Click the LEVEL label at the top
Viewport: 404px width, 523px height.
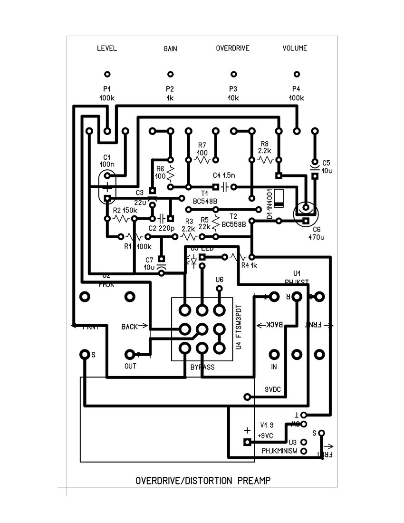[x=106, y=48]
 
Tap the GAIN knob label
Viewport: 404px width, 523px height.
[x=170, y=49]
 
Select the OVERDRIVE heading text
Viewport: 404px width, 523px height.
[x=232, y=48]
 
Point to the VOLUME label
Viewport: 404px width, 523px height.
[x=295, y=48]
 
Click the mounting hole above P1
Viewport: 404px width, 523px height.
[x=107, y=74]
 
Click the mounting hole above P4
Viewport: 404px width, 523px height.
[x=297, y=74]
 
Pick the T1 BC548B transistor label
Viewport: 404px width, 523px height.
[x=205, y=197]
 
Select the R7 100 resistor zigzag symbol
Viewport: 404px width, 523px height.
[x=202, y=160]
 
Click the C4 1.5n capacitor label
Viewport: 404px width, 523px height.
[x=221, y=174]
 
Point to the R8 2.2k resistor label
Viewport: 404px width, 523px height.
[x=264, y=147]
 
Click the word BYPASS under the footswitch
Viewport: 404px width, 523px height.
[x=202, y=367]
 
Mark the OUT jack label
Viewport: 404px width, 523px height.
[x=130, y=366]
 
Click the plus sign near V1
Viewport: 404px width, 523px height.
[x=247, y=430]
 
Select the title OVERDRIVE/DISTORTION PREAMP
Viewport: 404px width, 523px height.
[x=203, y=481]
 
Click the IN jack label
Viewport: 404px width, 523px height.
[x=274, y=367]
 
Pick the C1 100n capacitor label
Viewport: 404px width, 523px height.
[x=107, y=161]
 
